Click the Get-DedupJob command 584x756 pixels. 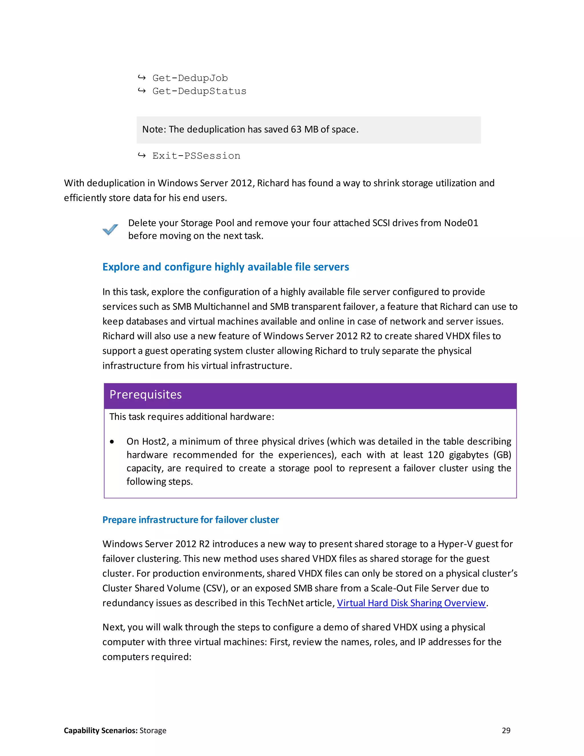point(190,78)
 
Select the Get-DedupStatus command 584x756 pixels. point(199,91)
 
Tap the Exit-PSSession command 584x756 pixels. point(196,156)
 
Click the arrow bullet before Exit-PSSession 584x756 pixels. point(141,155)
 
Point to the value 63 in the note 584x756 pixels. point(296,130)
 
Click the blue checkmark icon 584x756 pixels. point(110,229)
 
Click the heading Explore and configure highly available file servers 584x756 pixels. point(226,267)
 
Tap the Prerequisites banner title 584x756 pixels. point(146,395)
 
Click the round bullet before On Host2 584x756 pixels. point(112,442)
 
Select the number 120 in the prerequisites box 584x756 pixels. point(436,455)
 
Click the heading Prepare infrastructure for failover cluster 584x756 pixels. point(191,520)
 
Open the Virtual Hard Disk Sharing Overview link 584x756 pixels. point(411,603)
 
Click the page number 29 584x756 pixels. point(506,730)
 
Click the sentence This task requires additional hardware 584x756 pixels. point(192,417)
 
